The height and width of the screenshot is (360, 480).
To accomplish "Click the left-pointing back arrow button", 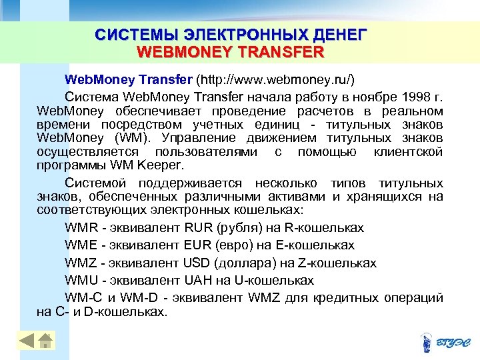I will pyautogui.click(x=27, y=341).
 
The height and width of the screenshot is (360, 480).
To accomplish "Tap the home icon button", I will pyautogui.click(x=46, y=341).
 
